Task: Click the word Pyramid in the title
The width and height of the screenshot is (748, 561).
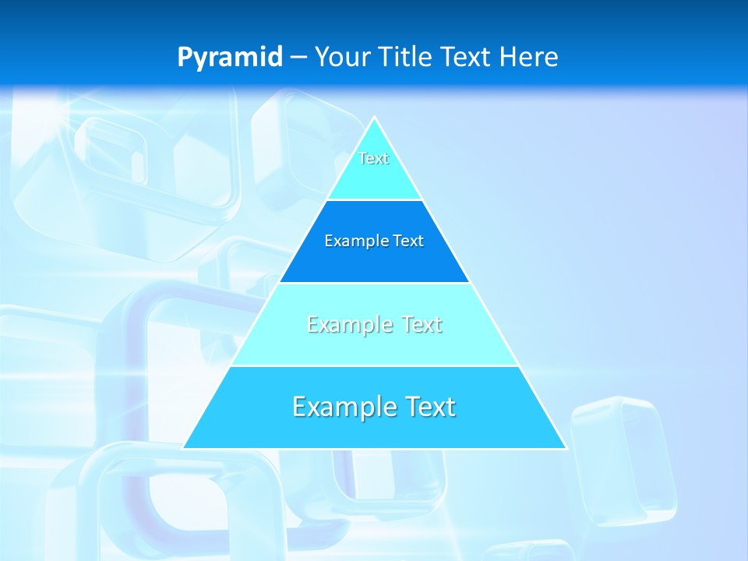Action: coord(230,58)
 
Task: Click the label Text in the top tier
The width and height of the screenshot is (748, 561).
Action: coord(374,158)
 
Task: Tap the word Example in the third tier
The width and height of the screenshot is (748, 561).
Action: coord(340,324)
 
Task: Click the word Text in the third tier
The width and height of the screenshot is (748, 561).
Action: coord(422,324)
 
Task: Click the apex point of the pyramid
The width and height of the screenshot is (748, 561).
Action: coord(375,118)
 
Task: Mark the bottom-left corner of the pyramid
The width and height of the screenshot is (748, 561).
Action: coord(184,448)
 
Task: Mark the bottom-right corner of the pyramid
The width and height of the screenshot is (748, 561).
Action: coord(566,448)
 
